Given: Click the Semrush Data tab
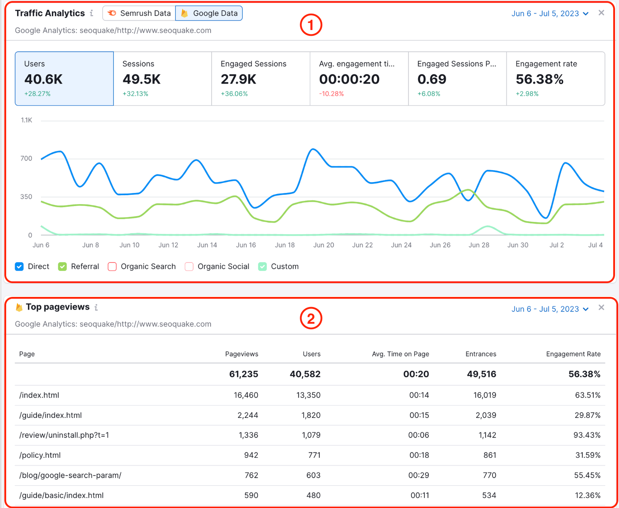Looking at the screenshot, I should [x=139, y=13].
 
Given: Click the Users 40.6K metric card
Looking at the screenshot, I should [x=64, y=78].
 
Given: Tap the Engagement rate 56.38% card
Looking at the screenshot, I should [x=555, y=78].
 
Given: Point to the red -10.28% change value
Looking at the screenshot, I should [x=331, y=94].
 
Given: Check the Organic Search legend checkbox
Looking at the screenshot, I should [x=112, y=267].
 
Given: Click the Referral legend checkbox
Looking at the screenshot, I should [x=62, y=267].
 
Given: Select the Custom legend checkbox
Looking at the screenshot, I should [x=263, y=267].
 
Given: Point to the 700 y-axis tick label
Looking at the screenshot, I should [x=26, y=159].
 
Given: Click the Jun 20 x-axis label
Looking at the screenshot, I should [x=323, y=245].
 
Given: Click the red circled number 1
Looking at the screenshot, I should [x=311, y=25].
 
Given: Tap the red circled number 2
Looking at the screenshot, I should [x=311, y=319].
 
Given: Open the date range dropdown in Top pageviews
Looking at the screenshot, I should [x=550, y=309].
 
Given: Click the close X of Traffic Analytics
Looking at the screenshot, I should [x=601, y=13].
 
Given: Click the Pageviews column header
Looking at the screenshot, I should [x=241, y=354].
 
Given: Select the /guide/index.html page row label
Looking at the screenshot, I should [x=51, y=415].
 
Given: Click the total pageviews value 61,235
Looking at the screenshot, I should [x=243, y=374].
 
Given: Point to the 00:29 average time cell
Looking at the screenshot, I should [x=419, y=475].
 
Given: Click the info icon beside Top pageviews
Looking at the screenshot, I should [x=96, y=307].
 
